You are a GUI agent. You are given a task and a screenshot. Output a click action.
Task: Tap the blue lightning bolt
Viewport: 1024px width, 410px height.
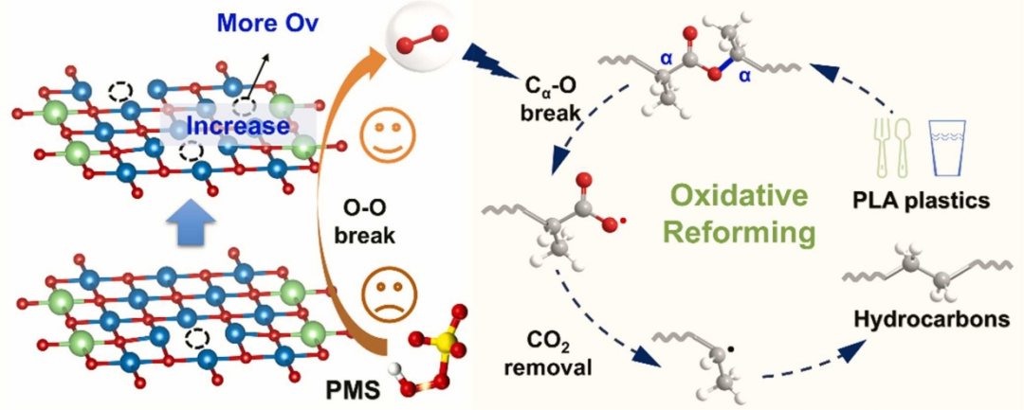483,63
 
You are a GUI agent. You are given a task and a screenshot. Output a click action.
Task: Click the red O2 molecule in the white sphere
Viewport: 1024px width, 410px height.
413,39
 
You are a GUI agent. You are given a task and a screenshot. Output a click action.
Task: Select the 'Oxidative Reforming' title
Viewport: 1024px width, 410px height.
739,214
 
